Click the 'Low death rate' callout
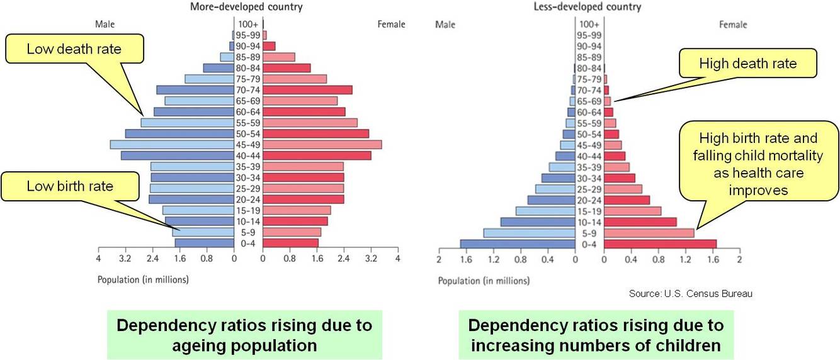74,48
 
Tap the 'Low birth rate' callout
70,186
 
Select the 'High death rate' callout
747,64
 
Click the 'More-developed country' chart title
246,8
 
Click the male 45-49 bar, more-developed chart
172,145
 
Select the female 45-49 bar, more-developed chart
322,145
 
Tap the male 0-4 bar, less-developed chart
518,244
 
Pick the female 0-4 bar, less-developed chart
660,244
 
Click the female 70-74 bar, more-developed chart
307,90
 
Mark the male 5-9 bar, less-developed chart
529,233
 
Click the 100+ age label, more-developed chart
248,25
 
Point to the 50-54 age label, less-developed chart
590,134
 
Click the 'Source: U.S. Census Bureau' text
691,294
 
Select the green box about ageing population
245,335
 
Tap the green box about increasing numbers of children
596,335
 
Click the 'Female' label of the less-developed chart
733,25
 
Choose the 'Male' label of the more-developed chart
105,25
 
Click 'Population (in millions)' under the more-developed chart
143,279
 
